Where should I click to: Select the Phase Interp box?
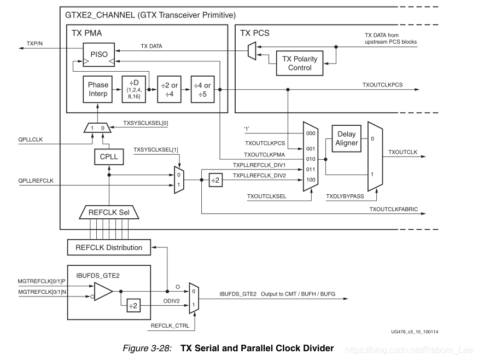click(x=98, y=89)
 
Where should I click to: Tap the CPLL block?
click(x=109, y=158)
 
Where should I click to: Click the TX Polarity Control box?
click(x=299, y=63)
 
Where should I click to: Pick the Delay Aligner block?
click(x=347, y=138)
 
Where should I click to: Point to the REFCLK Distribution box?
click(x=108, y=247)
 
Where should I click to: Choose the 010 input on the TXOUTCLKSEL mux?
click(x=311, y=159)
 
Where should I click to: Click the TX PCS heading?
click(x=255, y=33)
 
